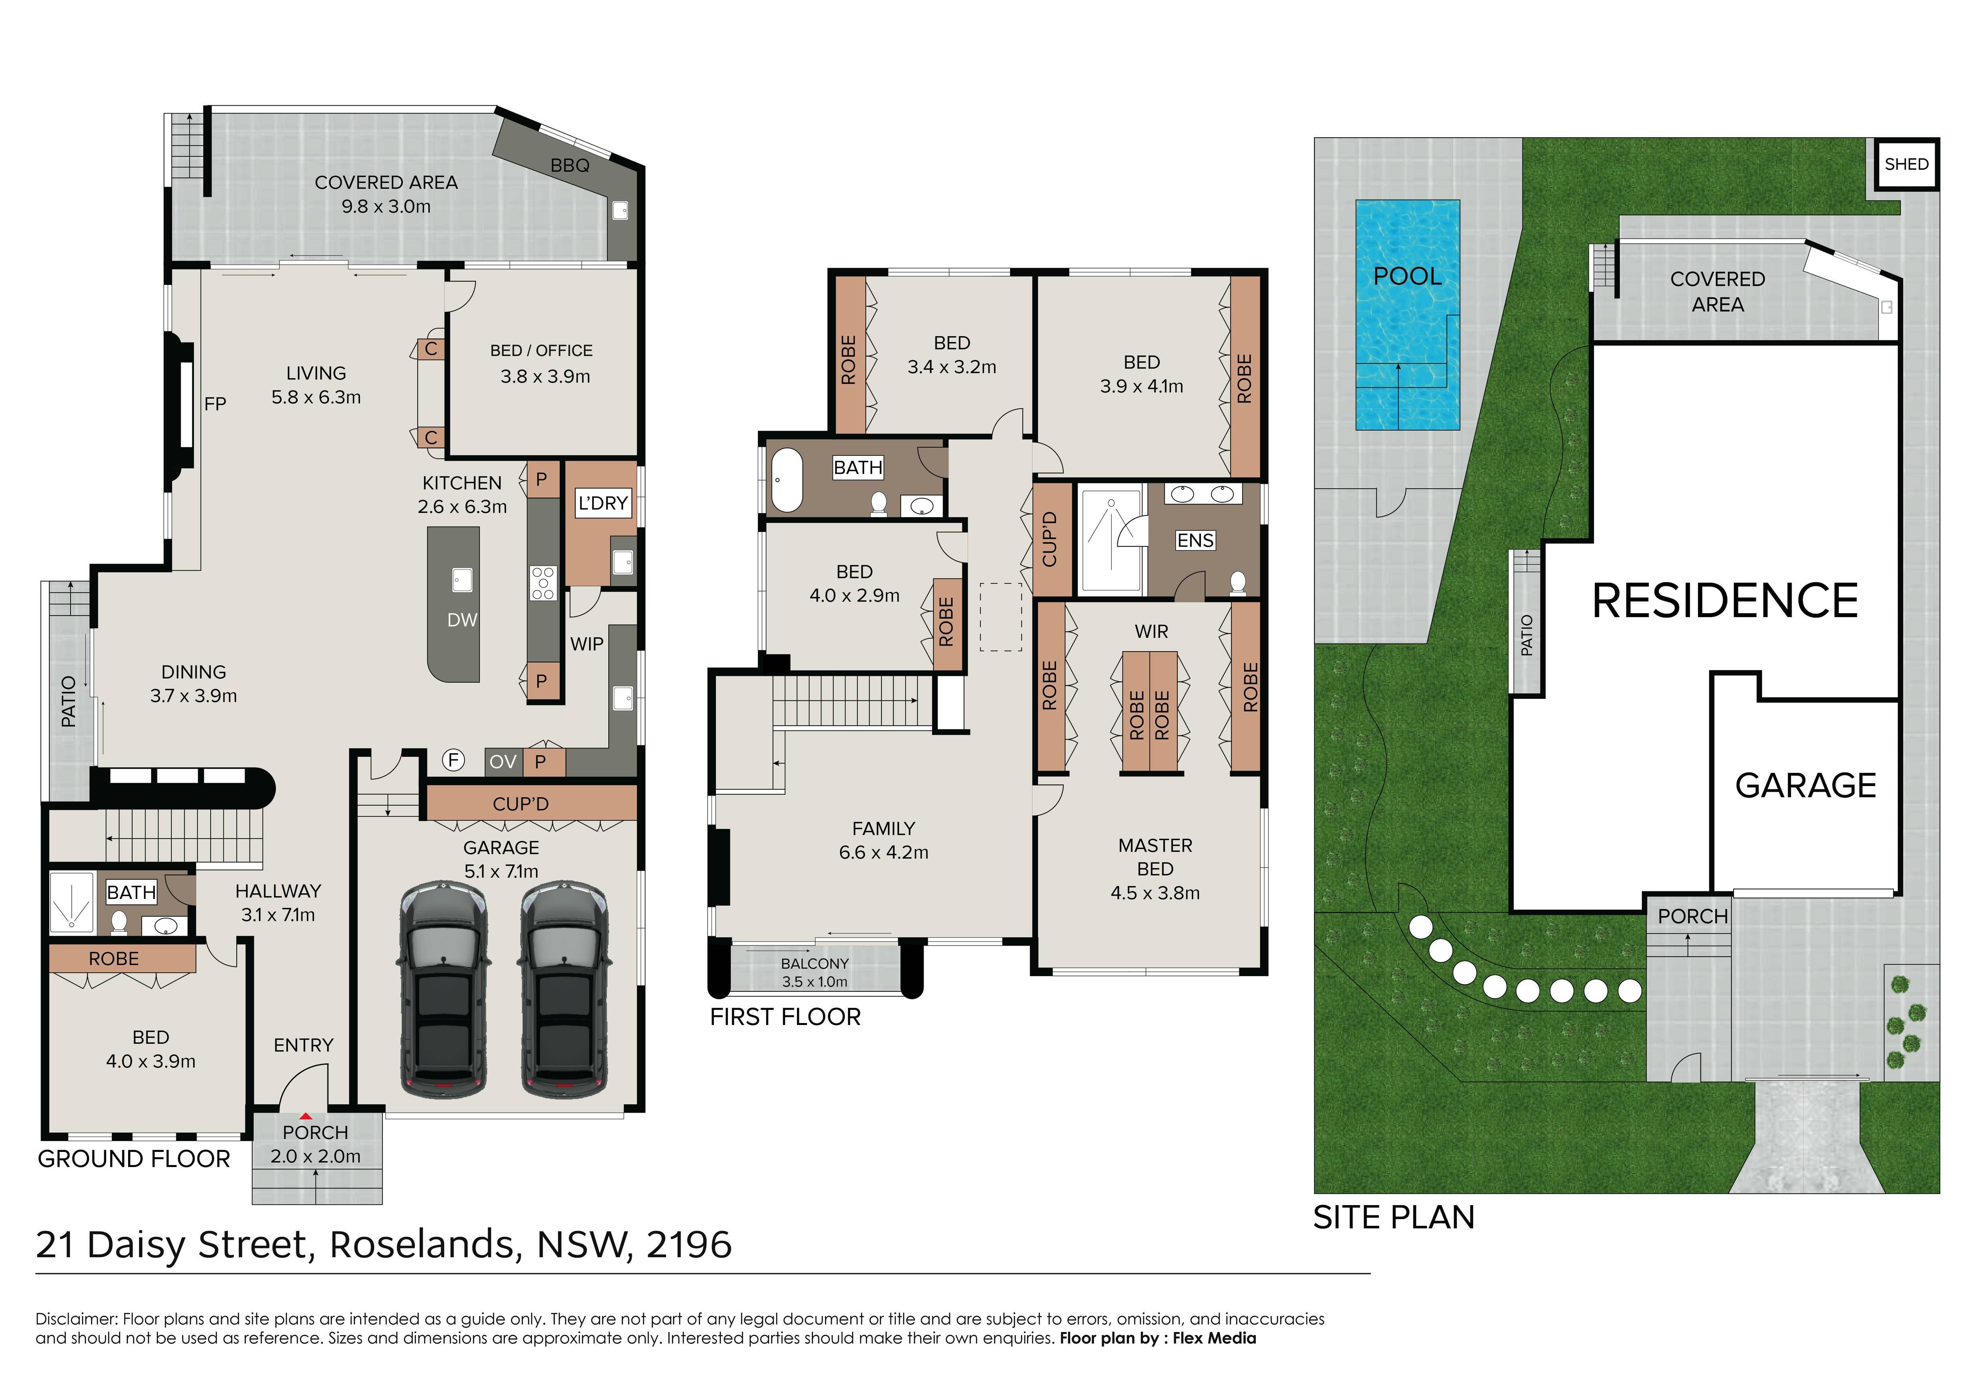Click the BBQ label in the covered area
pos(570,165)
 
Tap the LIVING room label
pos(316,373)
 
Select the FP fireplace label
pos(215,403)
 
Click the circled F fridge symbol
pos(453,760)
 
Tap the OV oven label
pos(503,761)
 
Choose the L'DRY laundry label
pos(603,503)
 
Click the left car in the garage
pos(444,991)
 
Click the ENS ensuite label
pos(1195,540)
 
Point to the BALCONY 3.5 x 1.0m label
pos(815,972)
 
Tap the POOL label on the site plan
pos(1408,276)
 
